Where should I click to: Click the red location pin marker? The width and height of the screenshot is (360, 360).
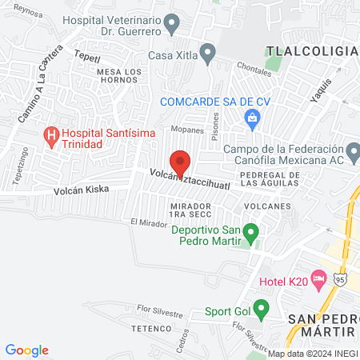(180, 162)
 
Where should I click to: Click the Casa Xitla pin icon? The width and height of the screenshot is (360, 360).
(208, 56)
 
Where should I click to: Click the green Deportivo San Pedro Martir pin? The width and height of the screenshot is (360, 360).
(251, 234)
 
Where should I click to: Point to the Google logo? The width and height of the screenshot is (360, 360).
(27, 350)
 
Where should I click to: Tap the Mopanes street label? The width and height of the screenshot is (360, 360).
(186, 128)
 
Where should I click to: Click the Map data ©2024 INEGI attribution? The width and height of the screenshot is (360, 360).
(313, 354)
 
